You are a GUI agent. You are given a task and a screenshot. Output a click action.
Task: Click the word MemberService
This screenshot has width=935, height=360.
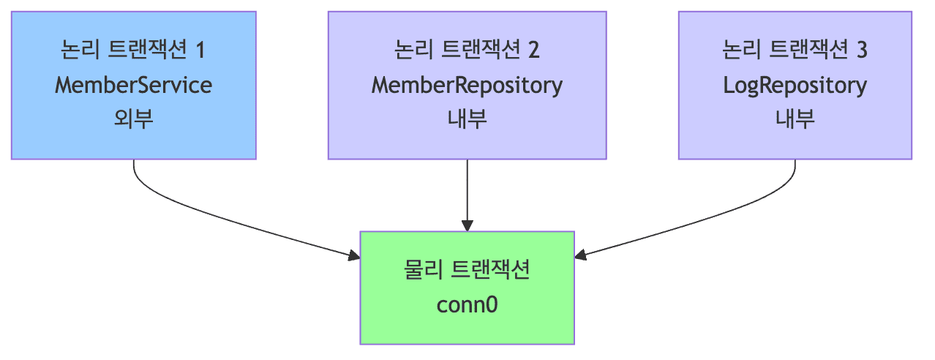tap(133, 86)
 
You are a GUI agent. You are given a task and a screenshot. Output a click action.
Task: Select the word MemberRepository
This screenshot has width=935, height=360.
tap(467, 86)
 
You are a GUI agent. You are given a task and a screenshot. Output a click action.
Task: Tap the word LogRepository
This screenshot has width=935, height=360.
tap(795, 86)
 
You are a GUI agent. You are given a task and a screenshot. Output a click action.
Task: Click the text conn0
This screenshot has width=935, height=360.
tap(467, 304)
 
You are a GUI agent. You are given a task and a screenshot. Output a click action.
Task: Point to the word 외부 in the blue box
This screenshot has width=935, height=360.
tap(133, 119)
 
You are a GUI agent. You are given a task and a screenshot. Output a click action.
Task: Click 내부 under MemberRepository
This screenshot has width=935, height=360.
tap(467, 119)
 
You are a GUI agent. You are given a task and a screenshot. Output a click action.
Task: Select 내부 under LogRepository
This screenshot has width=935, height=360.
tap(795, 119)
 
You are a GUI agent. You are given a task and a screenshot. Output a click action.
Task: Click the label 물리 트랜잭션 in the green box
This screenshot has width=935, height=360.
tap(467, 270)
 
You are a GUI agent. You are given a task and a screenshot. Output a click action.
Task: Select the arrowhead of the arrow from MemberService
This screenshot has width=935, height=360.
tap(354, 255)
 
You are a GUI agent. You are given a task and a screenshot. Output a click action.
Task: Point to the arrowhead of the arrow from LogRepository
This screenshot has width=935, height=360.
tap(581, 255)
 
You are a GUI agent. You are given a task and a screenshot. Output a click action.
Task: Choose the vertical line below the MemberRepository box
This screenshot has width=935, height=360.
tap(467, 190)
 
